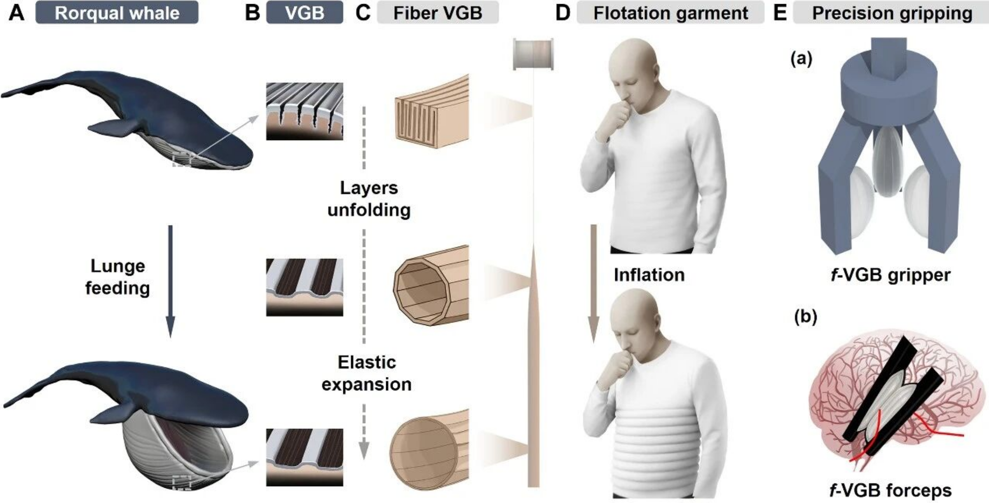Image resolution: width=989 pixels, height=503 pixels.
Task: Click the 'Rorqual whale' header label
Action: tap(117, 13)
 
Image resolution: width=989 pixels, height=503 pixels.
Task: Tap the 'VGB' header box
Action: tap(305, 13)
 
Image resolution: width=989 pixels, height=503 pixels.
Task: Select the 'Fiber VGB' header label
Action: tap(438, 13)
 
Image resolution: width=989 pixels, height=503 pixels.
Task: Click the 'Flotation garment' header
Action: tap(670, 13)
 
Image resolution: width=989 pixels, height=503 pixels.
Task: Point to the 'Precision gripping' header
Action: tap(891, 13)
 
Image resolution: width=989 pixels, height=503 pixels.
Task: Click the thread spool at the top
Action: tap(533, 54)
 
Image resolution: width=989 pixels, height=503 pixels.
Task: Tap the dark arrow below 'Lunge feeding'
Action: tap(170, 282)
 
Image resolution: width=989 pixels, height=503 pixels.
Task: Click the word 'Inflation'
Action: tap(649, 275)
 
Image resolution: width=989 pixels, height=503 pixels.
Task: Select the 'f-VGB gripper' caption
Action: tap(891, 275)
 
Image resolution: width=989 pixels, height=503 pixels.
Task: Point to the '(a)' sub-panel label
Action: tap(801, 59)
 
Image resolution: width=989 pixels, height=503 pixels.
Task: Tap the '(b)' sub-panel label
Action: tap(805, 317)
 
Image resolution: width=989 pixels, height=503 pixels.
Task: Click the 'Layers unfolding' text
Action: tap(369, 199)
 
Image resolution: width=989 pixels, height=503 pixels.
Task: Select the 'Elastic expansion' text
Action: tap(366, 374)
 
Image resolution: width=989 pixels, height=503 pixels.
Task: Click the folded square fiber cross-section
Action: tap(431, 111)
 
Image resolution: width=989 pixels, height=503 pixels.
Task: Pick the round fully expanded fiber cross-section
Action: tap(429, 449)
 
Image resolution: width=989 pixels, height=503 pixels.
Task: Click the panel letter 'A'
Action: tap(16, 13)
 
